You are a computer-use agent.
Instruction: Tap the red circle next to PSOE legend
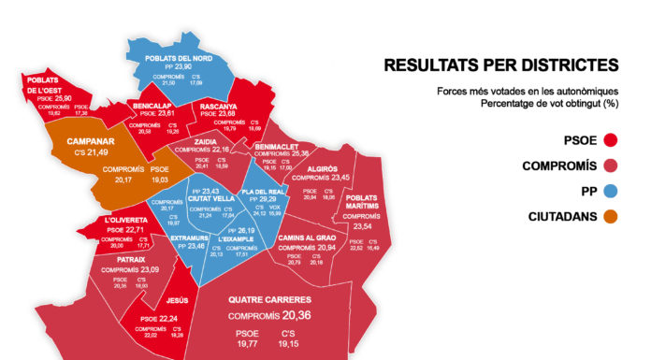pyautogui.click(x=612, y=141)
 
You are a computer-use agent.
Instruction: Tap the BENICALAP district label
pyautogui.click(x=152, y=107)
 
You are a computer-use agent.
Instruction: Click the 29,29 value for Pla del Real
pyautogui.click(x=268, y=198)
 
